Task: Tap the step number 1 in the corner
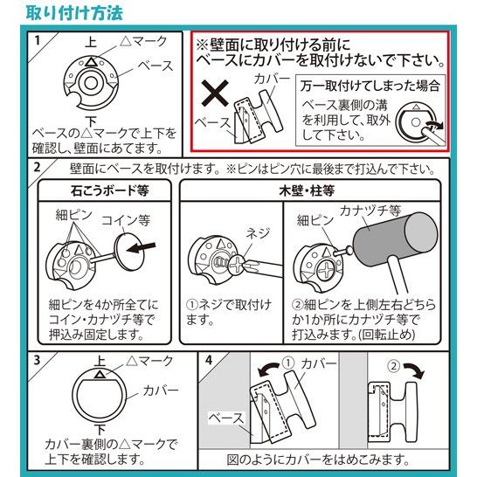(x=36, y=40)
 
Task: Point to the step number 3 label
(x=36, y=359)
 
